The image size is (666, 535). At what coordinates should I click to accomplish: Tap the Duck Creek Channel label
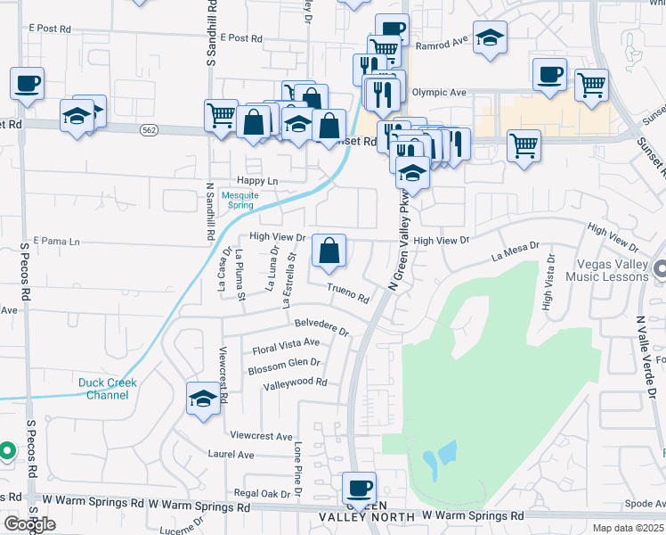[108, 389]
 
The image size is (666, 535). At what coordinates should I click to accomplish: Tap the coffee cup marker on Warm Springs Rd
[360, 488]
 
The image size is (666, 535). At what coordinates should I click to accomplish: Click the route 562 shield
[149, 130]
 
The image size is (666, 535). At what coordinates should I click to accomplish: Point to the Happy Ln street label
[259, 181]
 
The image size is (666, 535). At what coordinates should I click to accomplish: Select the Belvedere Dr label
[322, 326]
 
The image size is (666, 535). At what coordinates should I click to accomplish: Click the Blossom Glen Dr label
[283, 364]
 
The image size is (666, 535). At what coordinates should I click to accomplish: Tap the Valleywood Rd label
[296, 383]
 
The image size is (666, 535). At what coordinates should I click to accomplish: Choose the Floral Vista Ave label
[285, 343]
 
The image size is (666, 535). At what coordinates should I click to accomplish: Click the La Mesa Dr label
[516, 251]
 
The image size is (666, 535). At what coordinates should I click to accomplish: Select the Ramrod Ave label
[441, 42]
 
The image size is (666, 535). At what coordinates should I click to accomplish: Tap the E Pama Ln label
[56, 241]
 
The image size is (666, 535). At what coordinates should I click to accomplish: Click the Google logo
[28, 524]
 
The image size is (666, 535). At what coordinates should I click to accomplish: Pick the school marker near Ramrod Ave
[488, 38]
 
